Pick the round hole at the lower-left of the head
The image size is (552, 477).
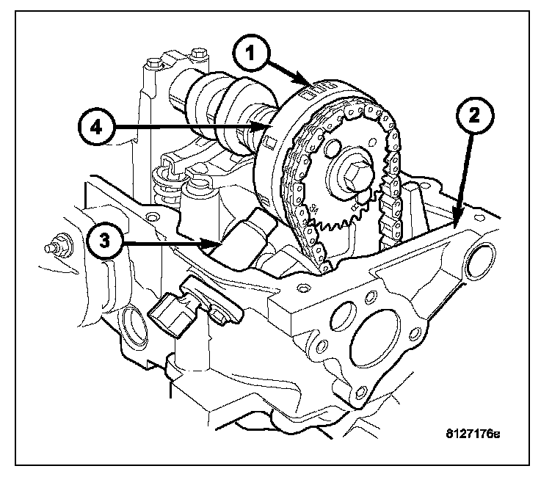(135, 323)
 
